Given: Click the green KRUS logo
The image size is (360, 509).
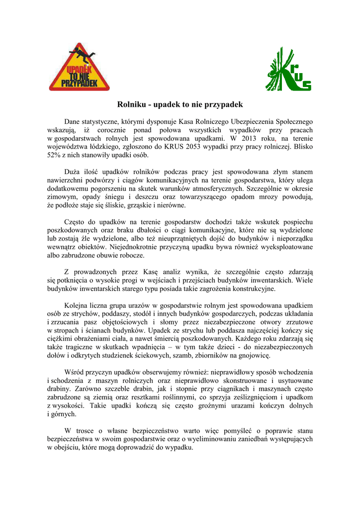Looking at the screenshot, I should tap(288, 70).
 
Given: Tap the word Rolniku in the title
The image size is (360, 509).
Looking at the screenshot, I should tap(131, 105).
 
